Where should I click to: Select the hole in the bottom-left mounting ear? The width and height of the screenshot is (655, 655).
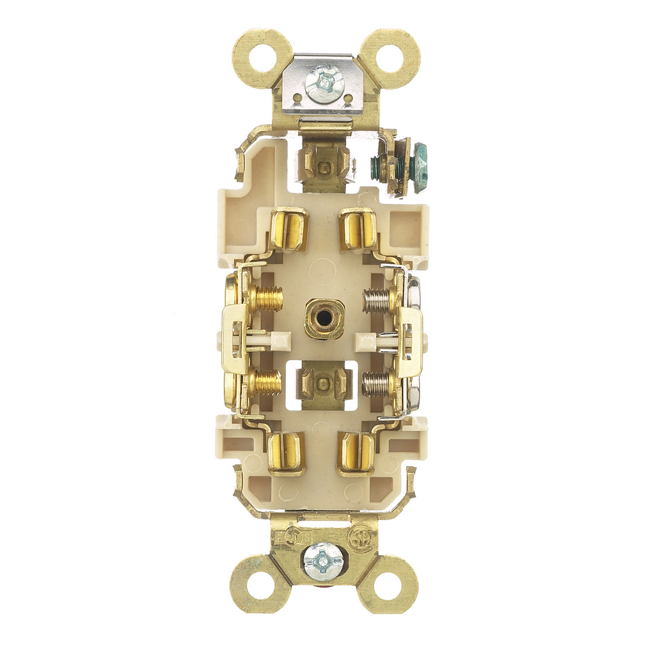tap(260, 583)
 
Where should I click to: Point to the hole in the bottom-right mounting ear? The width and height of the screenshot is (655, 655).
tap(388, 583)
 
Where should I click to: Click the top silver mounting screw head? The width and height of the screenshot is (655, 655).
tap(324, 84)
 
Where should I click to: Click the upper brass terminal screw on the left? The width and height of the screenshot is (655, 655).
tap(265, 299)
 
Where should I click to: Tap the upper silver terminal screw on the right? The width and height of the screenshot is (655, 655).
tap(378, 300)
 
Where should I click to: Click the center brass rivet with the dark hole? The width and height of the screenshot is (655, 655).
tap(324, 318)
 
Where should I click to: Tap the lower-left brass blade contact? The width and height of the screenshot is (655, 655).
tap(287, 453)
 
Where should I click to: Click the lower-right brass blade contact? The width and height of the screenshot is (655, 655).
tap(356, 454)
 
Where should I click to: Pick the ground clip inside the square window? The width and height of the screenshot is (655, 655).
tap(324, 384)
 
